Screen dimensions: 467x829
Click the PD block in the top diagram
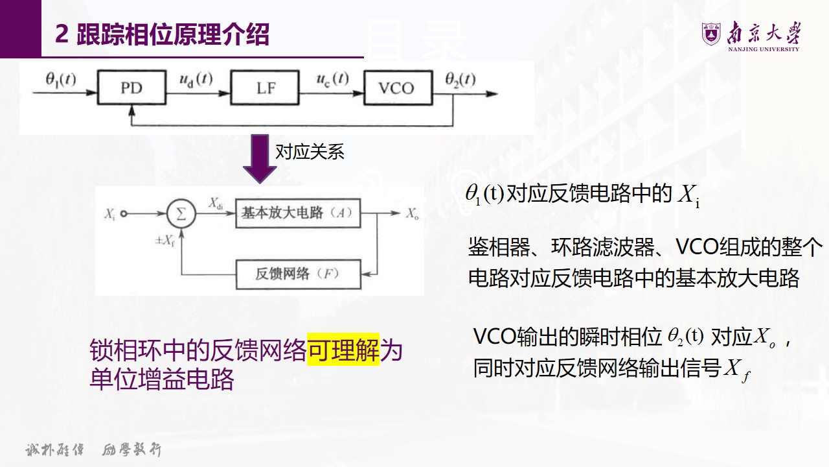tap(131, 88)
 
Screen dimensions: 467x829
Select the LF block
tap(266, 88)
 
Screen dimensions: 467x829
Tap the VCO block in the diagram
tap(396, 88)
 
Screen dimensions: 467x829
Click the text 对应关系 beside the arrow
tap(310, 152)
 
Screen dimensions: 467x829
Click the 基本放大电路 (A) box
tap(297, 213)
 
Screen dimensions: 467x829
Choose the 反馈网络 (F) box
tap(297, 274)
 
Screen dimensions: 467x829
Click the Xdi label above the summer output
tap(216, 202)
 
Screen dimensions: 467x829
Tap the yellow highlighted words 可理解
tap(343, 351)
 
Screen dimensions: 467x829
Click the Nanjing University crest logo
tap(711, 34)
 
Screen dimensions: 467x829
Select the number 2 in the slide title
tap(62, 35)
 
